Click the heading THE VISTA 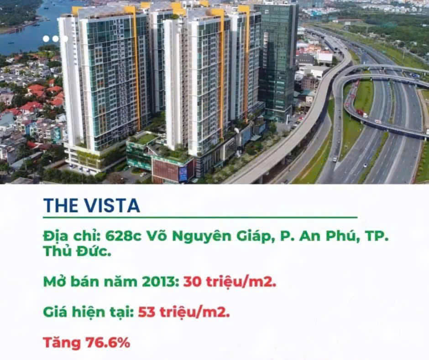click(x=92, y=206)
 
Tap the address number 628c click(x=123, y=237)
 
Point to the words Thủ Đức click(x=77, y=251)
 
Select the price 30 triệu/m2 click(x=230, y=282)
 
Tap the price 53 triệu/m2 click(x=184, y=312)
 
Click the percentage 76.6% click(x=108, y=343)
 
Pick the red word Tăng click(x=62, y=343)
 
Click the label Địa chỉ click(x=72, y=237)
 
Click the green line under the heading click(x=200, y=218)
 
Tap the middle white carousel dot click(x=56, y=39)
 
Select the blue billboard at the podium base click(x=183, y=174)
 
